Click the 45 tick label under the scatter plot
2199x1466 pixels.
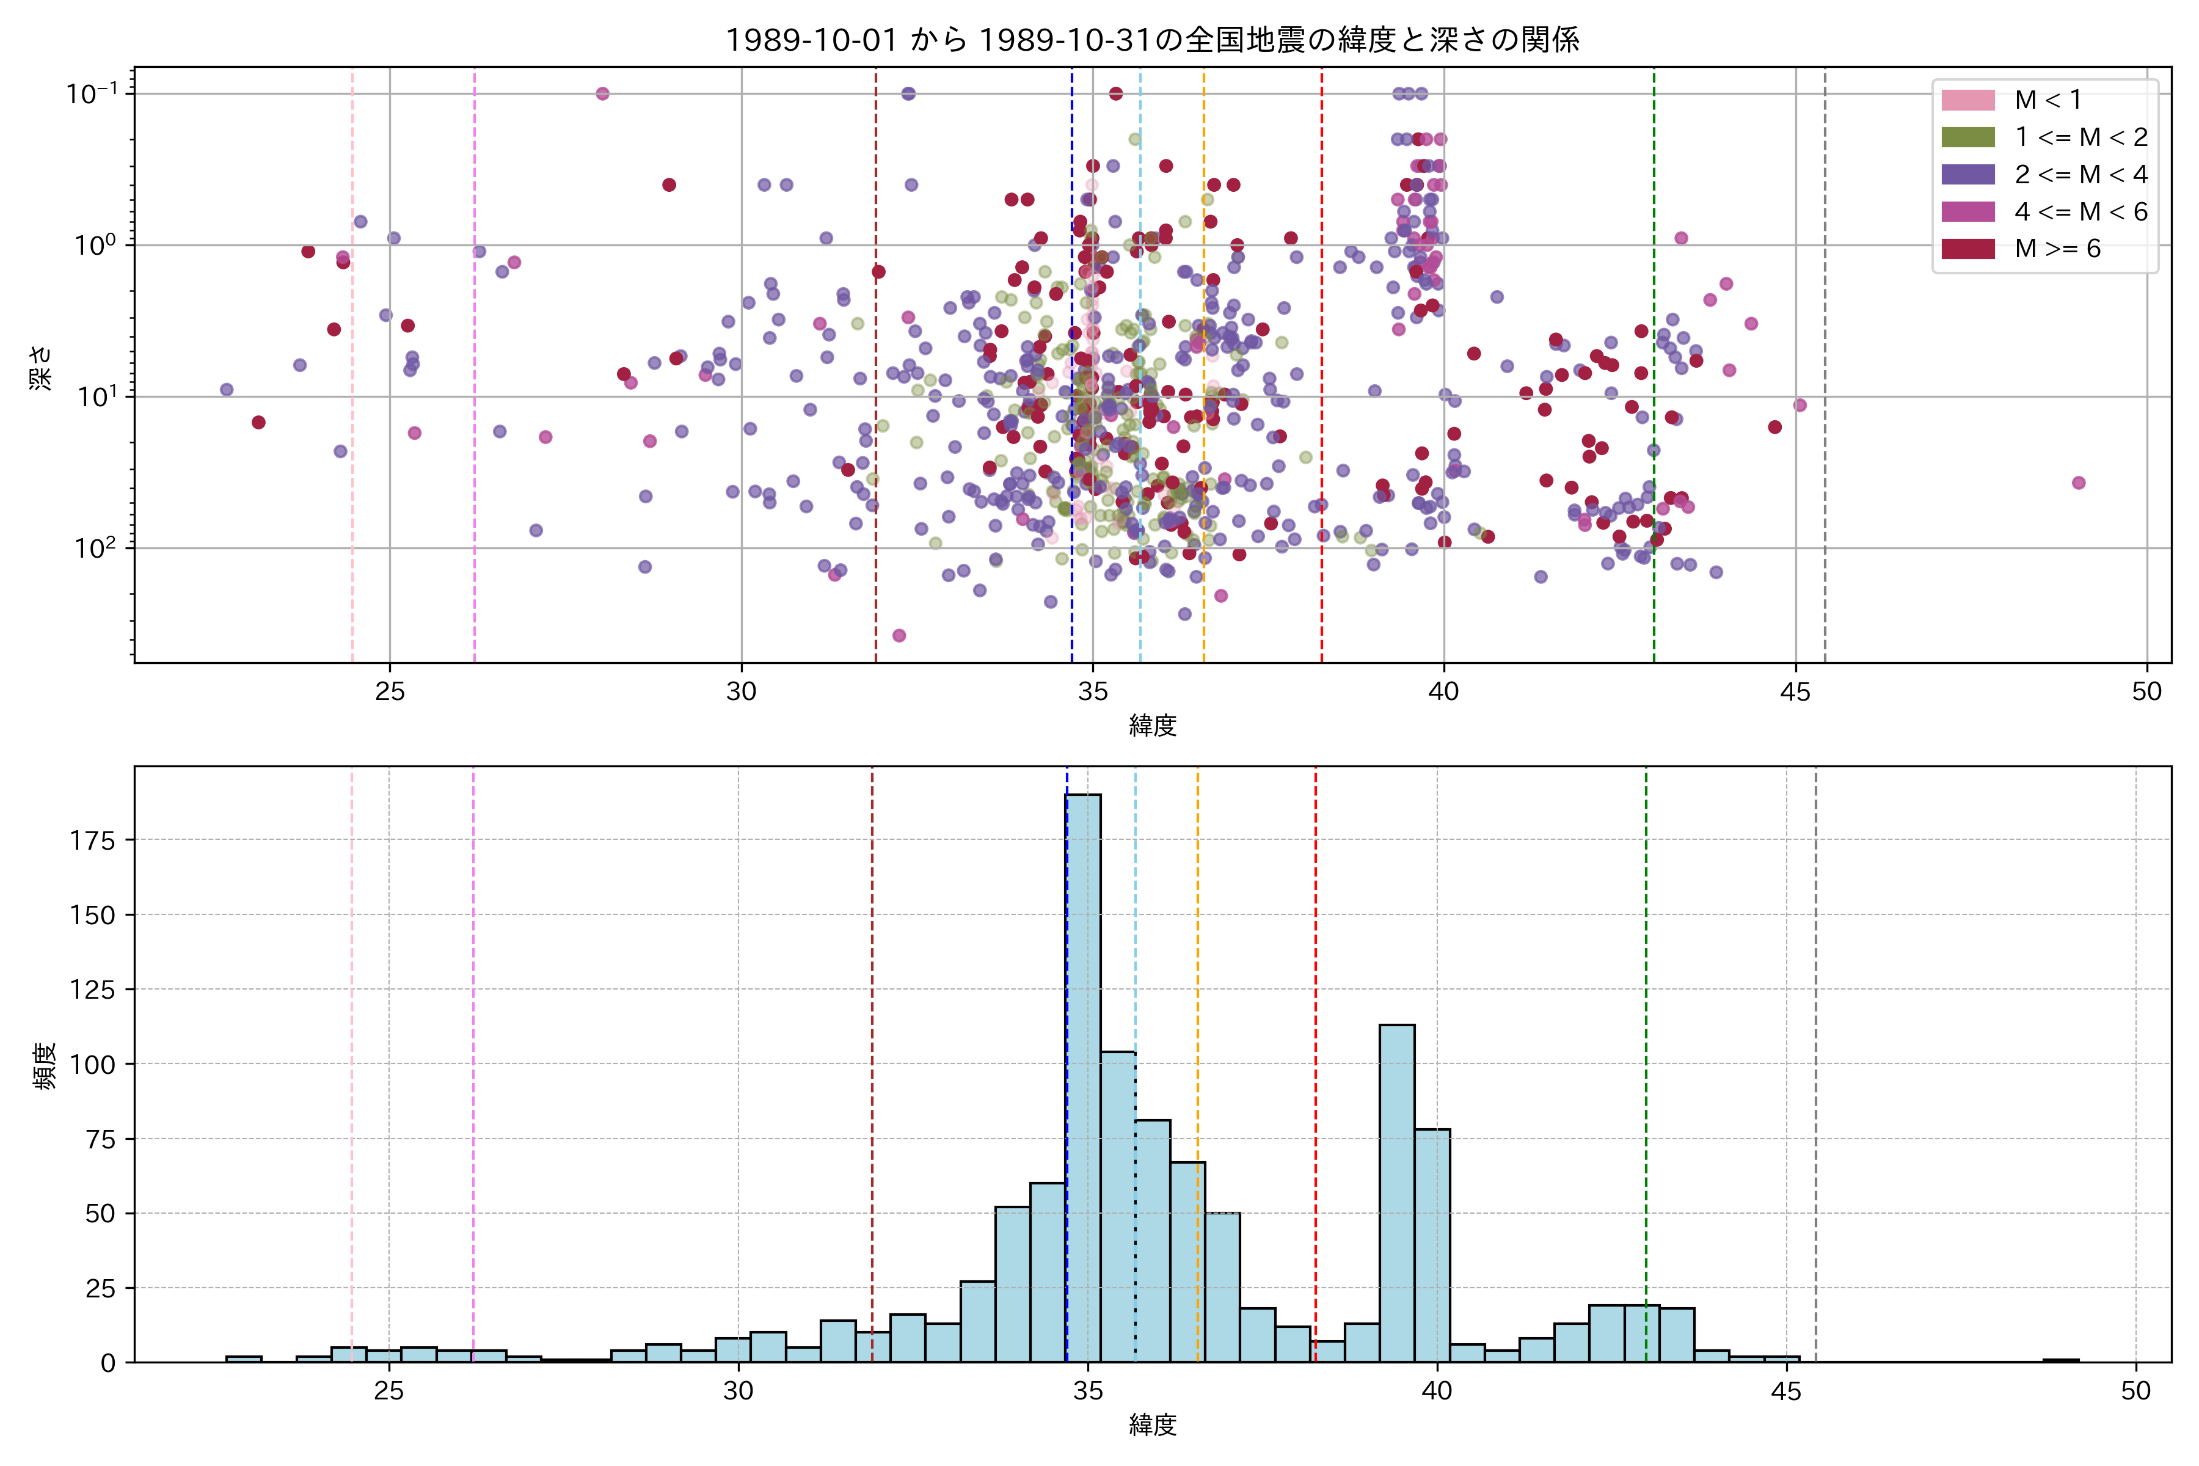coord(1795,692)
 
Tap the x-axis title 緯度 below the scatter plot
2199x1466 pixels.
coord(1152,726)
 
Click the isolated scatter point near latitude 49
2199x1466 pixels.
coord(2079,483)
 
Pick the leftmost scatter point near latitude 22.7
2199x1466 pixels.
coord(226,389)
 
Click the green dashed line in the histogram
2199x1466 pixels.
coord(1646,1029)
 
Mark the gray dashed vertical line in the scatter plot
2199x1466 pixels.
coord(1825,374)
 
